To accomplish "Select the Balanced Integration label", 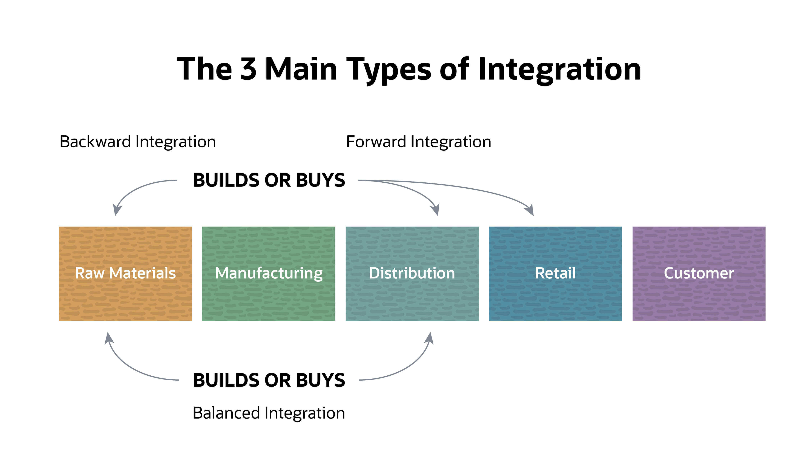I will pos(269,413).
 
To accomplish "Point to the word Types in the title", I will pos(388,69).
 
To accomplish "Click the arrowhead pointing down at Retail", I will pos(530,210).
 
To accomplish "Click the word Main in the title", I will pos(301,69).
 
